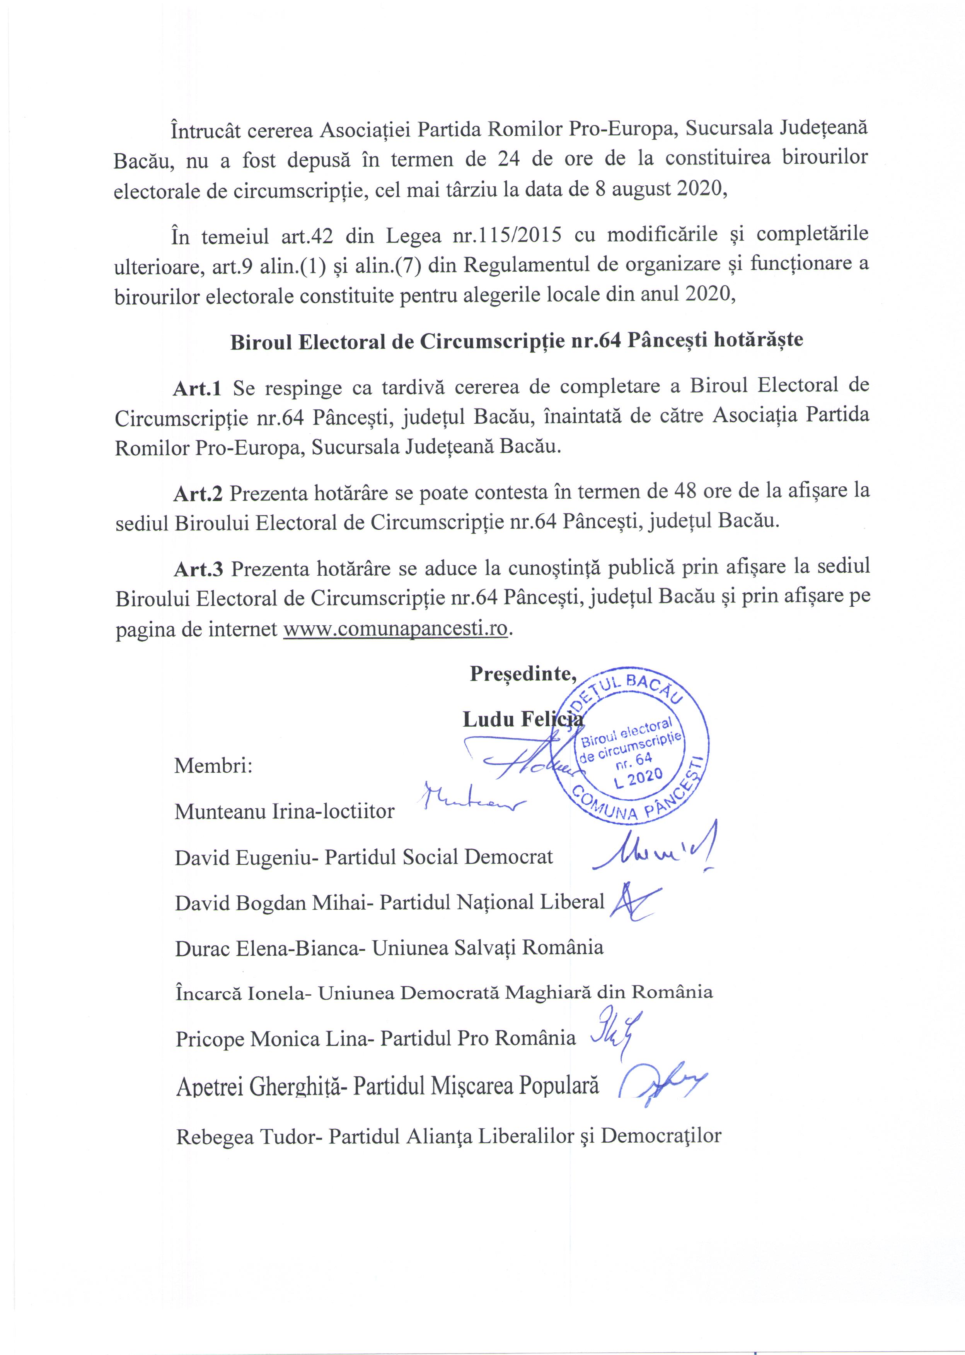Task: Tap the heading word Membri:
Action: [x=213, y=765]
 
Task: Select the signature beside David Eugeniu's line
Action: [x=654, y=851]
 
